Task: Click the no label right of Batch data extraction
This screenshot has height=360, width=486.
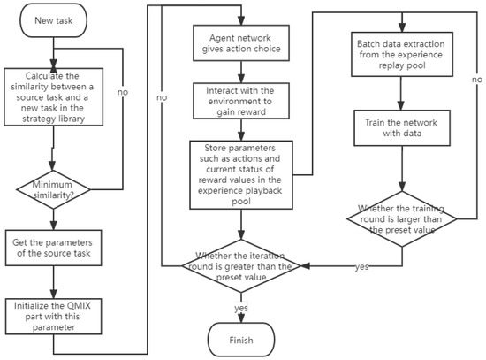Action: pyautogui.click(x=477, y=80)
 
